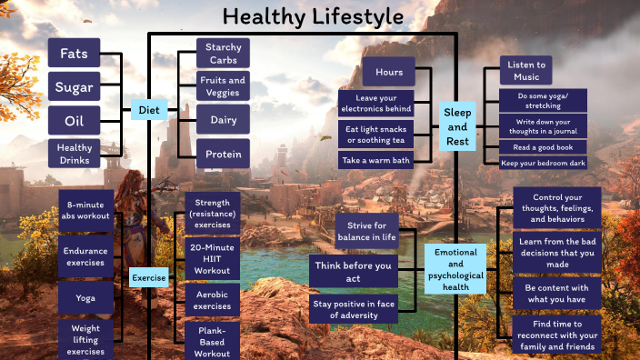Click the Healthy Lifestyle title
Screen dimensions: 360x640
click(313, 17)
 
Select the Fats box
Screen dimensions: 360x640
click(74, 53)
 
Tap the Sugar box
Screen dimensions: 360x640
click(74, 86)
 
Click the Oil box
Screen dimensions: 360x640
click(74, 120)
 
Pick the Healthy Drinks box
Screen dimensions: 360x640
click(74, 153)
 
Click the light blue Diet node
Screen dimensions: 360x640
click(148, 110)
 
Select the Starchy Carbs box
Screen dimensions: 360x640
click(223, 53)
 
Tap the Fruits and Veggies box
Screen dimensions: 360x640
click(223, 86)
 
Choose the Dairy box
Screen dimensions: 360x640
click(223, 120)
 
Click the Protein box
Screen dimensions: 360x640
click(223, 154)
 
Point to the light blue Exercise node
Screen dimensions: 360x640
click(148, 276)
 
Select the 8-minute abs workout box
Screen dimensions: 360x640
click(86, 210)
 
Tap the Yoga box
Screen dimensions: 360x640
click(86, 297)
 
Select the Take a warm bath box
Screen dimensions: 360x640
click(375, 160)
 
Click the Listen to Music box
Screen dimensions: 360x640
click(526, 70)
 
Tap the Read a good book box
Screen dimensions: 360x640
click(544, 146)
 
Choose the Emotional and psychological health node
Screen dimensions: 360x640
click(455, 268)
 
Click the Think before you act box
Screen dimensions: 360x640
click(354, 272)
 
